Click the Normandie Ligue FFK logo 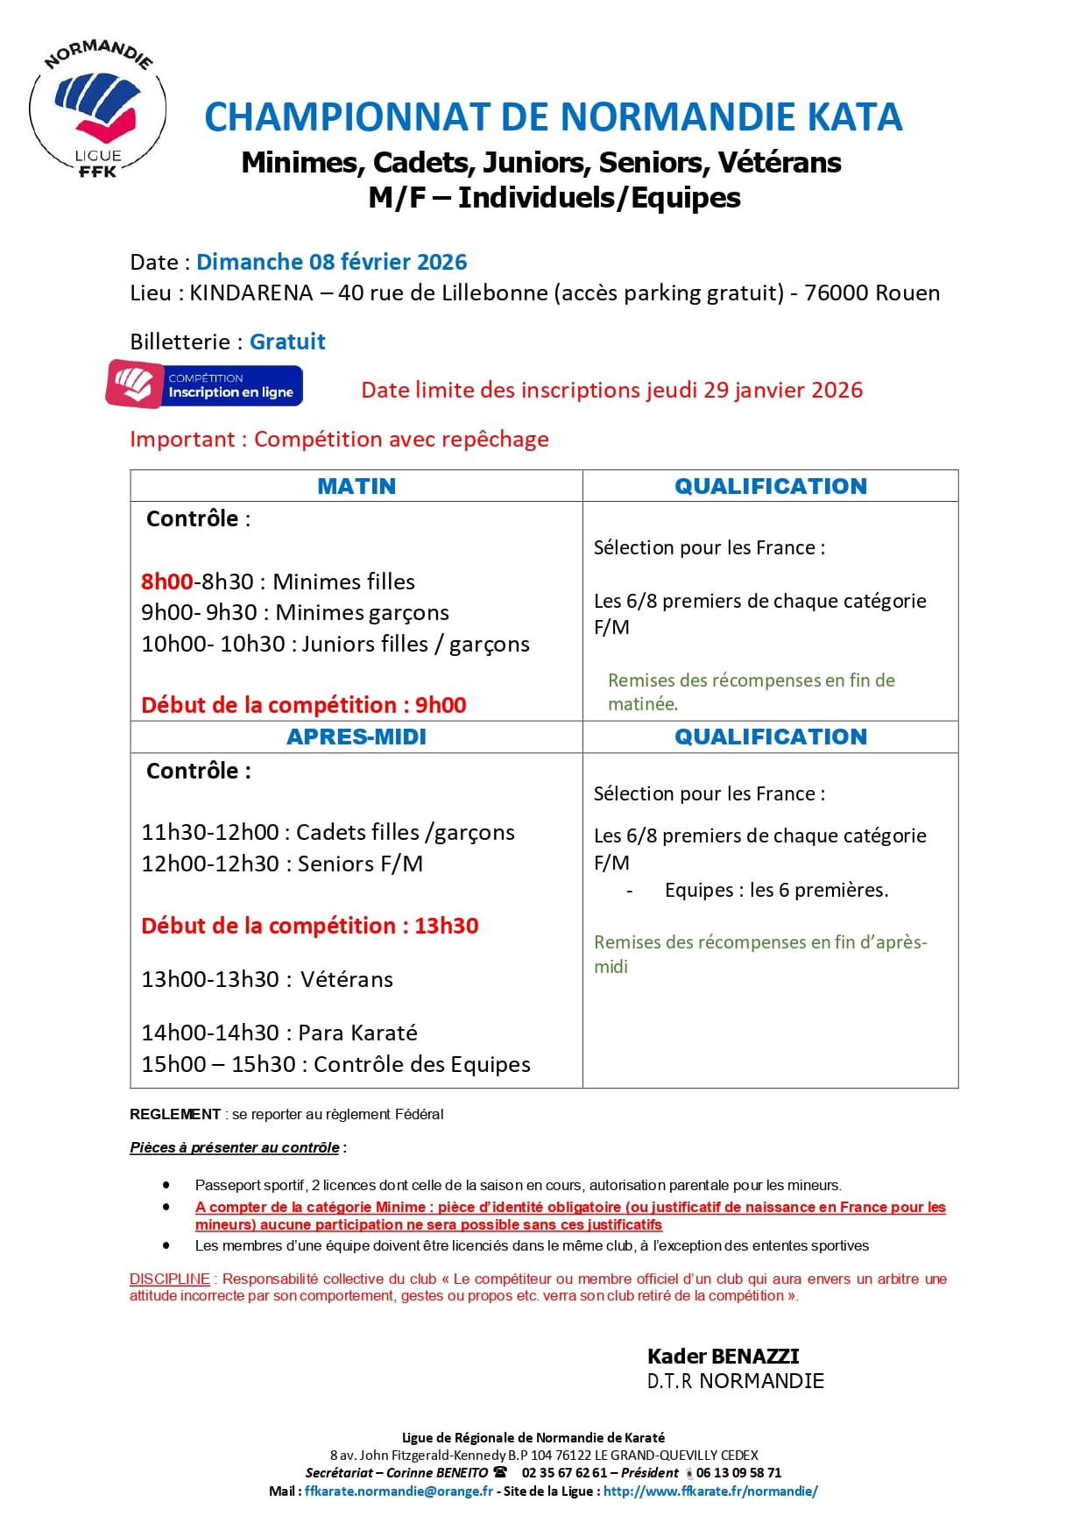tap(97, 109)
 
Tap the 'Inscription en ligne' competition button tap(205, 385)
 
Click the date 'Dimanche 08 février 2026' tap(331, 262)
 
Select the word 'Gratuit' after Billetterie tap(287, 342)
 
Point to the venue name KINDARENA tap(251, 293)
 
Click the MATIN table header tap(356, 486)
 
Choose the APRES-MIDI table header tap(356, 737)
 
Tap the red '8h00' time tap(166, 582)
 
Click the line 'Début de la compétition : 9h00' tap(303, 705)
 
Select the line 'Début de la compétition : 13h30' tap(310, 926)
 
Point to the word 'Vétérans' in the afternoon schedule tap(347, 979)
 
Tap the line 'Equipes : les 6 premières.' tap(776, 890)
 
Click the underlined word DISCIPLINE tap(170, 1279)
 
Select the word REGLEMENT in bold tap(175, 1114)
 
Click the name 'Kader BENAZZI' tap(723, 1357)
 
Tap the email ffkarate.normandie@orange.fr tap(399, 1491)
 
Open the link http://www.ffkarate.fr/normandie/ tap(710, 1491)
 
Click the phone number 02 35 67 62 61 tap(564, 1473)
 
